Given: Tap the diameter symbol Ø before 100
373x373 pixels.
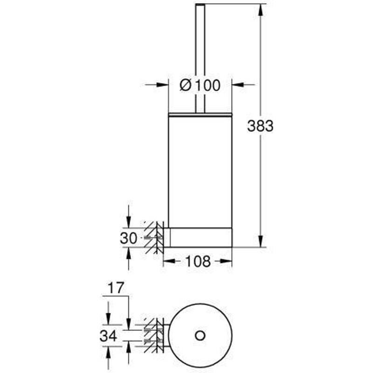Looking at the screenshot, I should click(x=185, y=85).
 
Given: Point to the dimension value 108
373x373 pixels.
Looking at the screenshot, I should click(x=198, y=262).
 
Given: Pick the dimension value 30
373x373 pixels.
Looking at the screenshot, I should click(x=129, y=239).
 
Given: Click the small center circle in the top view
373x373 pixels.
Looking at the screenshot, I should click(x=200, y=334).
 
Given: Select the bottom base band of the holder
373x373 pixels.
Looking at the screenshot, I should click(x=200, y=237).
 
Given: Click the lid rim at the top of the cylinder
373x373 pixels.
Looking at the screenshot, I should click(x=200, y=113).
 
